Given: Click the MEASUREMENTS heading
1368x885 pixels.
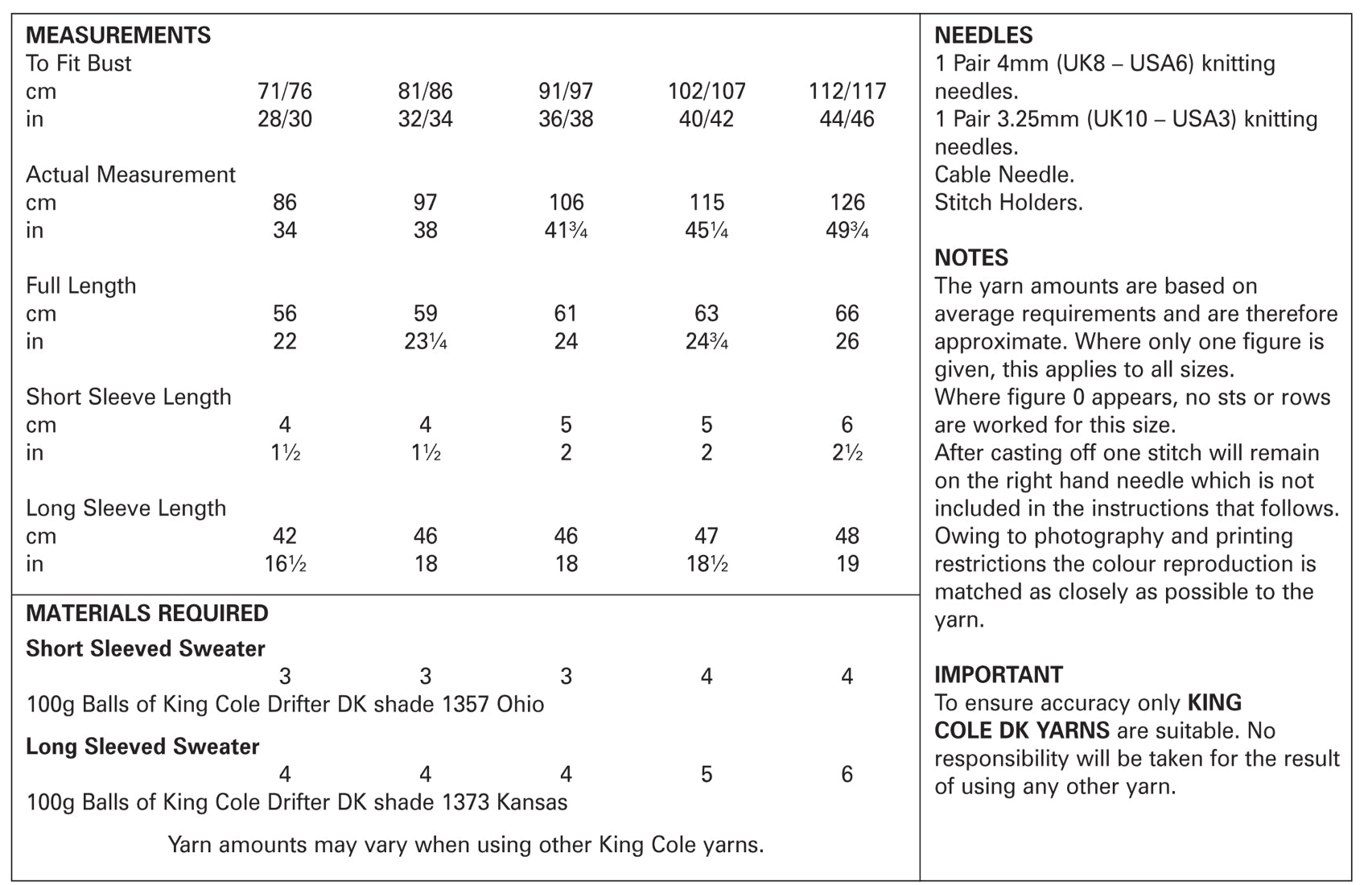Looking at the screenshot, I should coord(118,35).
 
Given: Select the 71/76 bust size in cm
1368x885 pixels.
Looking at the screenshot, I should coord(285,91).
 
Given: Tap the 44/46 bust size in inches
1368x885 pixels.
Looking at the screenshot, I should coord(847,119).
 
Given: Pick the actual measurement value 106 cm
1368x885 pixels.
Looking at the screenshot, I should coord(566,202).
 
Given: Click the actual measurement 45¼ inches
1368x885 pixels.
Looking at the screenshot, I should coord(707,230).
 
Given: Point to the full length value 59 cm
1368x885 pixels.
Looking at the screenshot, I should coord(425,313).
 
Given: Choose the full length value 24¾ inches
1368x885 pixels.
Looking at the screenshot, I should coord(707,341).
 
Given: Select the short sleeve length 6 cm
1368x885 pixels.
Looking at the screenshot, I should coord(847,425).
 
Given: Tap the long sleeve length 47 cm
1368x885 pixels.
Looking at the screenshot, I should coord(707,536).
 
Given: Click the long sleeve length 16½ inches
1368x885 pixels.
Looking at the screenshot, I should coord(285,564).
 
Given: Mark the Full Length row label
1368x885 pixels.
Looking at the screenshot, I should coord(80,286).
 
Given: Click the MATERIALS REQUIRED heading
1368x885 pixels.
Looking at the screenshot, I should coord(146,613).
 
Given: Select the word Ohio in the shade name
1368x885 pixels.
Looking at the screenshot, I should coord(520,704).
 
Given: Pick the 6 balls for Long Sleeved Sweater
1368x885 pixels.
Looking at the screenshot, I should coord(847,774).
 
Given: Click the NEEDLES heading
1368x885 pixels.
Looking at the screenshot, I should coord(983,35).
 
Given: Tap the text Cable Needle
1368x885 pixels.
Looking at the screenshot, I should coord(1004,175).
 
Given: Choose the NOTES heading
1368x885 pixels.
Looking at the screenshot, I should coord(970,257).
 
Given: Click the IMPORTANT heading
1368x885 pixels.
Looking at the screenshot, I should coord(999,674).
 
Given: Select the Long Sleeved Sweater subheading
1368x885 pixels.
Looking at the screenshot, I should coord(142,747).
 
